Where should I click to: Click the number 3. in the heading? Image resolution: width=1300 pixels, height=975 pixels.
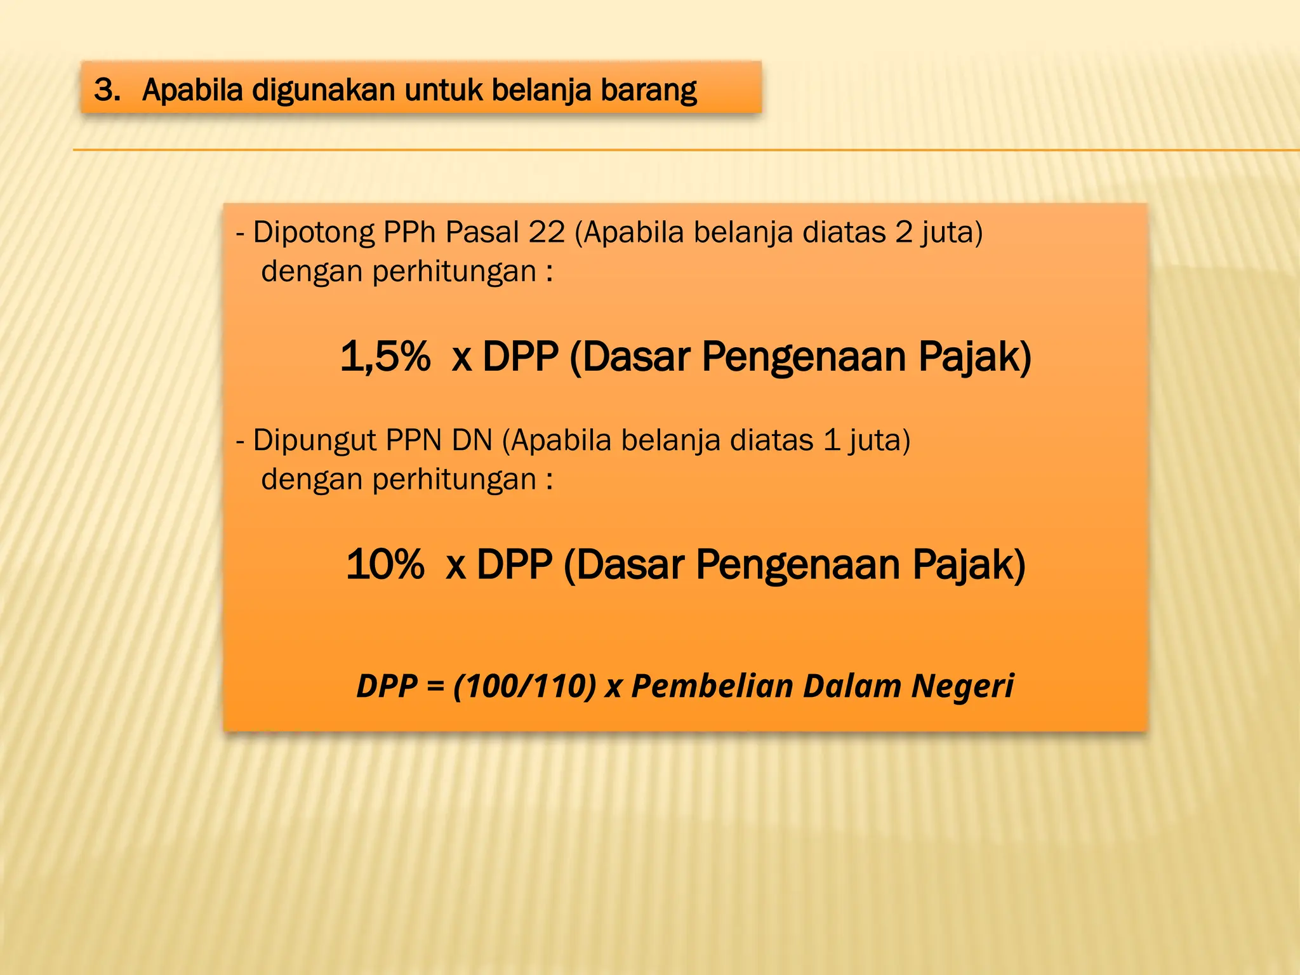coord(107,90)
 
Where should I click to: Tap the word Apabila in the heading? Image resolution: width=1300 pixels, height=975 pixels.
coord(192,90)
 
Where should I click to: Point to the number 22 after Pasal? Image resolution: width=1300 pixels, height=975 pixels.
coord(547,232)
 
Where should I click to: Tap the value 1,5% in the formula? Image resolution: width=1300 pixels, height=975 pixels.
coord(385,356)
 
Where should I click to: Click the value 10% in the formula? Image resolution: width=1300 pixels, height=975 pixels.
coord(385,564)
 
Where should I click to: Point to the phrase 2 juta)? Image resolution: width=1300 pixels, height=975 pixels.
coord(939,232)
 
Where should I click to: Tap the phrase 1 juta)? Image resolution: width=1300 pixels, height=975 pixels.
coord(866,440)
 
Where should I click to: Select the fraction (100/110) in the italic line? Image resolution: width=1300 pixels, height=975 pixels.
coord(524,686)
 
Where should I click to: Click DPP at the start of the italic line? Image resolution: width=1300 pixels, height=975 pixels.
coord(387,686)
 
